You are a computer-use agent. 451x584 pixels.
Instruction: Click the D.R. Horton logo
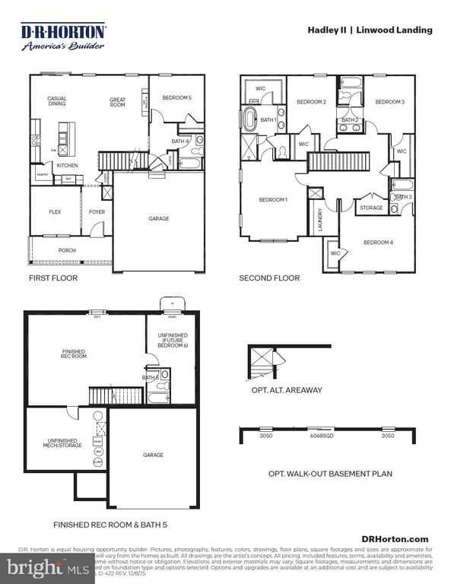[63, 36]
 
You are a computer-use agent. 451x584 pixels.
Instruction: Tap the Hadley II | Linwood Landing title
[370, 30]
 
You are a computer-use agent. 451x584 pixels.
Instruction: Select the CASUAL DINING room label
[57, 101]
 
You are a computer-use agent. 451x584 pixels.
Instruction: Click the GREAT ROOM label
[117, 101]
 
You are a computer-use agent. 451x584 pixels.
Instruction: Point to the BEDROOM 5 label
[176, 98]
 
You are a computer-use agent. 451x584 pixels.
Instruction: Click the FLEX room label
[55, 212]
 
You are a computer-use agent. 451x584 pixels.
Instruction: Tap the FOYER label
[97, 212]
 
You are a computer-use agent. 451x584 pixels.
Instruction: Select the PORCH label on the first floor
[67, 249]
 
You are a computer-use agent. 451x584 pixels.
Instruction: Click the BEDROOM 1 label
[273, 200]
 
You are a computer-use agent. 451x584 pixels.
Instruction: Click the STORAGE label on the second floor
[371, 208]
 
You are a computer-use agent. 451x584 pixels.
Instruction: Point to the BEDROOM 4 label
[378, 243]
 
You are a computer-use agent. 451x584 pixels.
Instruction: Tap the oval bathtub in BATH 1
[249, 119]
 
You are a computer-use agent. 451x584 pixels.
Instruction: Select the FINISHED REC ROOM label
[74, 354]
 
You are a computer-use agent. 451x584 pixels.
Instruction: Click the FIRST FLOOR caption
[52, 278]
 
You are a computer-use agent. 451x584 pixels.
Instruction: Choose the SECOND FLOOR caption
[269, 278]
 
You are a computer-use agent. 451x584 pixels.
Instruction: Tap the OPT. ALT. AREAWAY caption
[286, 390]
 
